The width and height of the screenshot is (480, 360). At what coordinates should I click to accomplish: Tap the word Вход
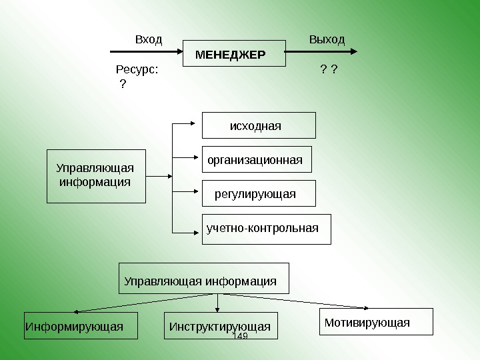(149, 39)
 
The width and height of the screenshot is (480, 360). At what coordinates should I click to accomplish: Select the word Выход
(327, 39)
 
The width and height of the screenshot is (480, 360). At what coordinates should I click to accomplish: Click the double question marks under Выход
(327, 69)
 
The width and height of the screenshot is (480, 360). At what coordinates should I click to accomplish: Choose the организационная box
(257, 160)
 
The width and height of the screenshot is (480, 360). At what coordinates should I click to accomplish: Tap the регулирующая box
(259, 193)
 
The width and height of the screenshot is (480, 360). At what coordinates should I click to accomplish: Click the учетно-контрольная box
(266, 229)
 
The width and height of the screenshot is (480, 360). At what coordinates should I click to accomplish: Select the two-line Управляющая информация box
(96, 175)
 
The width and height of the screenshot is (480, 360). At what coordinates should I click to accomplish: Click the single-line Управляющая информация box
(204, 278)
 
